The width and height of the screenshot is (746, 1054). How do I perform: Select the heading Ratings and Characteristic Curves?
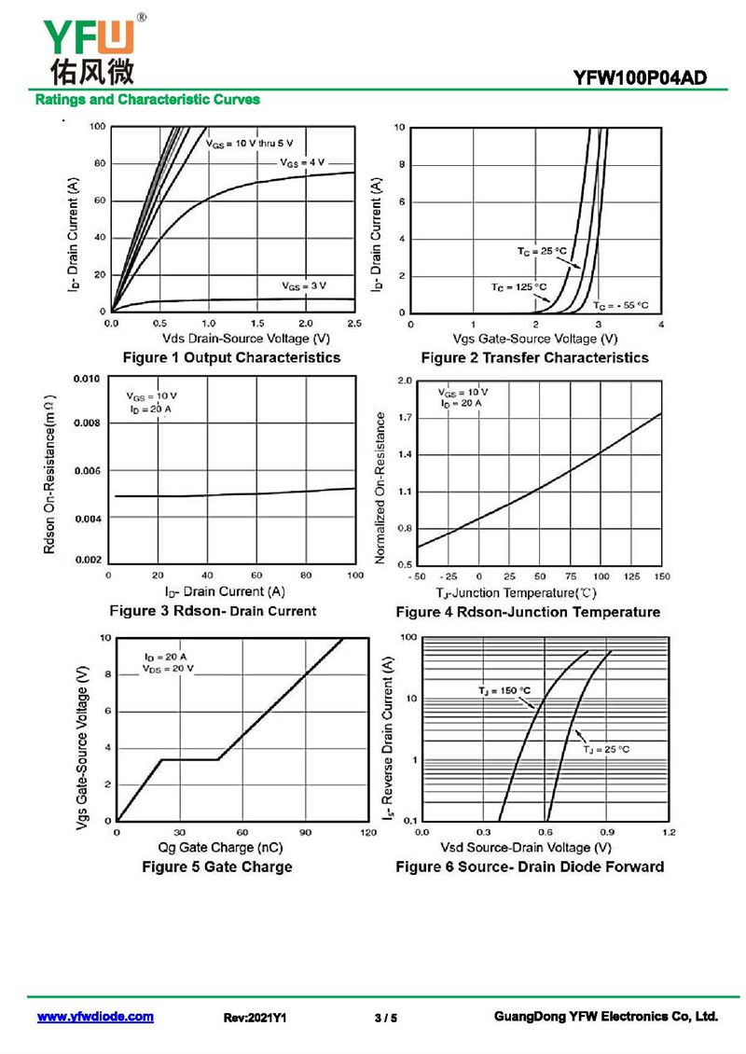[147, 99]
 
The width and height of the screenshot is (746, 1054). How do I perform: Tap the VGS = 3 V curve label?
[304, 284]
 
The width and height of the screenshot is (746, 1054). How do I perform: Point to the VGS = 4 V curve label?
[303, 162]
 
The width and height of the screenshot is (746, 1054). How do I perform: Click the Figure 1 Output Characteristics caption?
[231, 357]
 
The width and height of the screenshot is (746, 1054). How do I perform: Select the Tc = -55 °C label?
[620, 305]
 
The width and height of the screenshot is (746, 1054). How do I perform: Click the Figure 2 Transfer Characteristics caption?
[534, 357]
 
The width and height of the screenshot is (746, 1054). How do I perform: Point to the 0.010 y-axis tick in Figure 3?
[86, 380]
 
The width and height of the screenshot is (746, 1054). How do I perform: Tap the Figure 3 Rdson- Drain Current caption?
[213, 611]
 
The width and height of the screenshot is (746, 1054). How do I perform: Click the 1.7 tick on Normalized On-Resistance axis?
[405, 418]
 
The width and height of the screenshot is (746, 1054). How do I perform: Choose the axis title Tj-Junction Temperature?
[516, 592]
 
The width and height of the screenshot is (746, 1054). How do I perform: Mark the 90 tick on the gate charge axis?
[305, 831]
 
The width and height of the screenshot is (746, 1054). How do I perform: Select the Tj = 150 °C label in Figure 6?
[504, 690]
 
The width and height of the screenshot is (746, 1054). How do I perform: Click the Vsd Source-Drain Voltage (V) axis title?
[526, 847]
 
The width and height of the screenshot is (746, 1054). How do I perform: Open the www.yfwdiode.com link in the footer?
[95, 1017]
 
